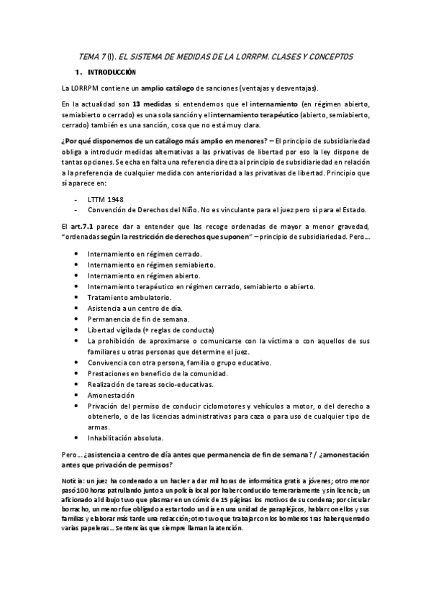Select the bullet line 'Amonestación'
pos(110,395)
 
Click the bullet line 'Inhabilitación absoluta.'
pos(125,437)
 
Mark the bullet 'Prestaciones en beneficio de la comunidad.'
pos(158,374)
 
